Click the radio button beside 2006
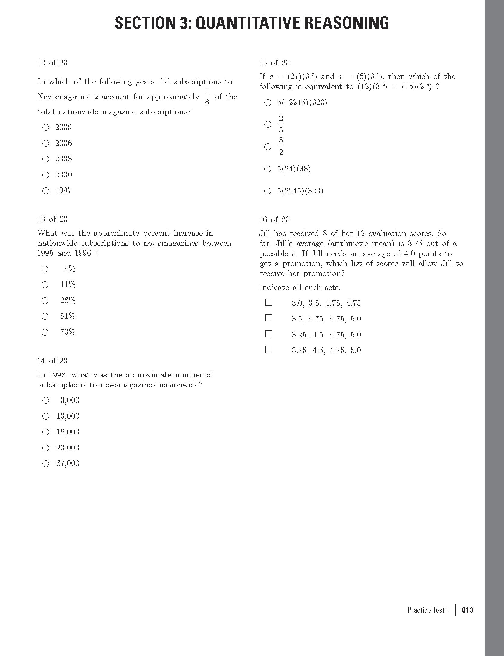point(46,143)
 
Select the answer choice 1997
point(46,191)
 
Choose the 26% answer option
point(45,301)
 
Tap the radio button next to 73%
point(45,332)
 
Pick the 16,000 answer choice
point(46,432)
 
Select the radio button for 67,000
point(46,464)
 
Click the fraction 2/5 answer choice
point(268,124)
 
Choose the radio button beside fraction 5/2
point(268,147)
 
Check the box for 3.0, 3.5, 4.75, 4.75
point(269,302)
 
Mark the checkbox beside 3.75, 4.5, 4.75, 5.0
point(269,350)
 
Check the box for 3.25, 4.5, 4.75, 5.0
point(269,334)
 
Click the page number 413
point(468,610)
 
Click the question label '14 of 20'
point(52,361)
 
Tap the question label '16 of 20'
point(274,219)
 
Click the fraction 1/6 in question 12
point(207,97)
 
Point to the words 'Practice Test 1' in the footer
point(428,610)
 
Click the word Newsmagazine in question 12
point(64,97)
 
